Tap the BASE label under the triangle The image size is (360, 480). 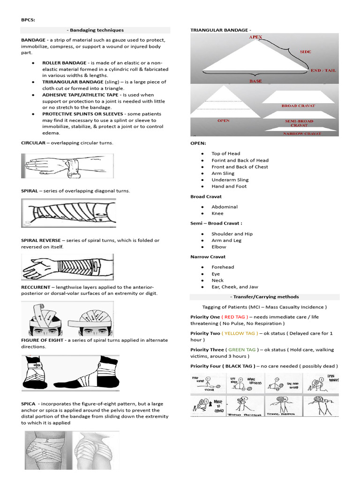point(255,81)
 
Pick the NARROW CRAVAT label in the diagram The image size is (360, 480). point(302,134)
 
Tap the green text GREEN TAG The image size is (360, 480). point(242,350)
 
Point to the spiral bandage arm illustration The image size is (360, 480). point(68,213)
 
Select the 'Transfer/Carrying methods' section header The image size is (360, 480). point(264,297)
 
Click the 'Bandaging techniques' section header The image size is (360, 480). point(95,30)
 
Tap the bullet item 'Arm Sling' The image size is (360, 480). point(223,173)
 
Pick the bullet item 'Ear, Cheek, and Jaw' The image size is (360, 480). point(234,287)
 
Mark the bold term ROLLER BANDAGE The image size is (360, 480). point(64,62)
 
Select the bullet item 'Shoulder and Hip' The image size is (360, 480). point(232,234)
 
